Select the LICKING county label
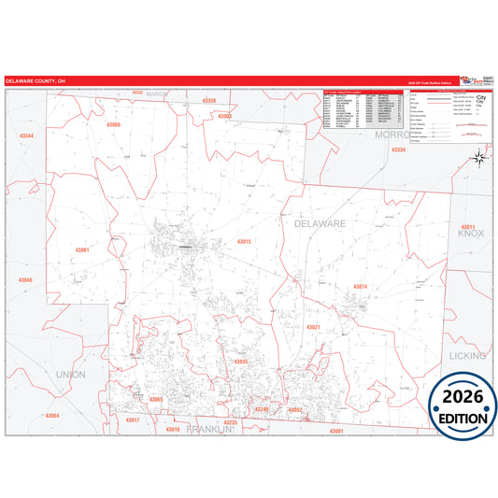467,356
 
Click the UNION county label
71,374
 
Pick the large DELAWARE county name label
320,224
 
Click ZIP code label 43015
244,242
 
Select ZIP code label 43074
361,286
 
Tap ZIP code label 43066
113,124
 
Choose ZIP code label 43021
313,327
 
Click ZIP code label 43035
241,361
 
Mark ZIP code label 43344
26,136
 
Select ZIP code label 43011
468,228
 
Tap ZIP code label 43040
24,279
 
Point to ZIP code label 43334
399,149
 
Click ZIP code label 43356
208,100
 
